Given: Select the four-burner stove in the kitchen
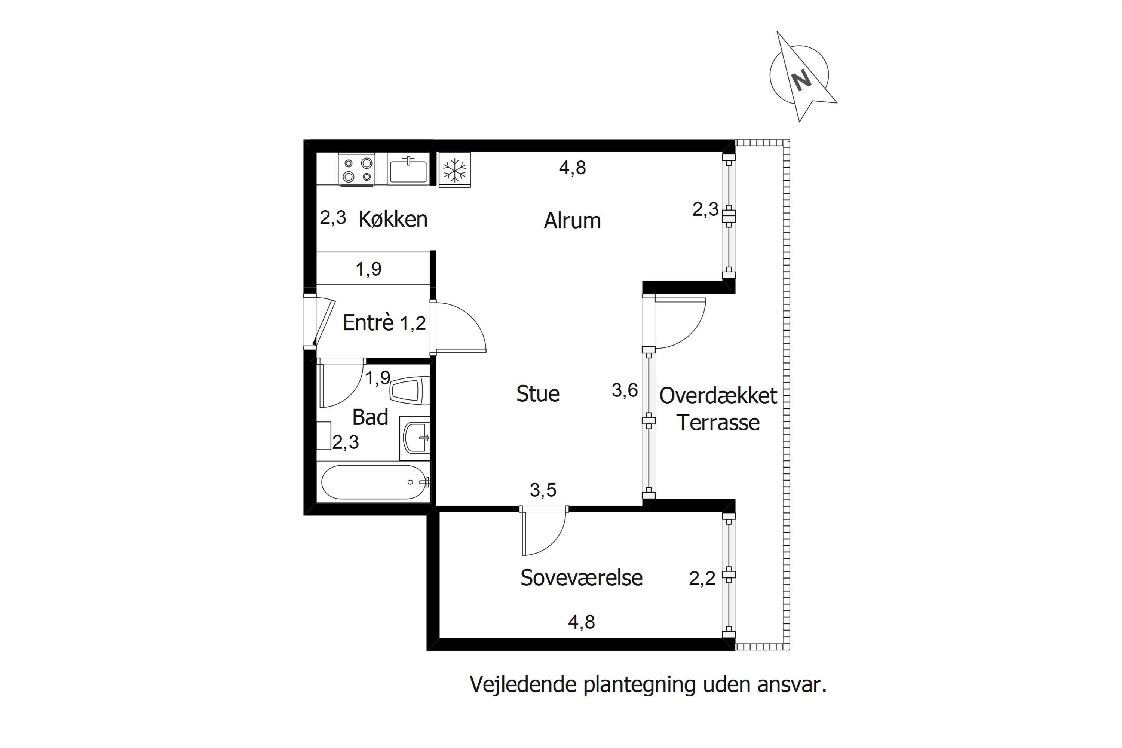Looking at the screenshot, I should tap(357, 170).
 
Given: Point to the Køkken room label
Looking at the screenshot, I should tap(393, 220).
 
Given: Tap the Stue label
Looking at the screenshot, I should tap(538, 394).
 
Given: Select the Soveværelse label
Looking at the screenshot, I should tap(581, 578).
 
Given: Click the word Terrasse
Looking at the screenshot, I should tap(718, 423).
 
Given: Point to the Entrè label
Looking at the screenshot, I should tap(368, 323).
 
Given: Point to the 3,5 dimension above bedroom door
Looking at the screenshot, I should tap(543, 490).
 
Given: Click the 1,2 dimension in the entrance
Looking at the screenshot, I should tap(413, 324).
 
